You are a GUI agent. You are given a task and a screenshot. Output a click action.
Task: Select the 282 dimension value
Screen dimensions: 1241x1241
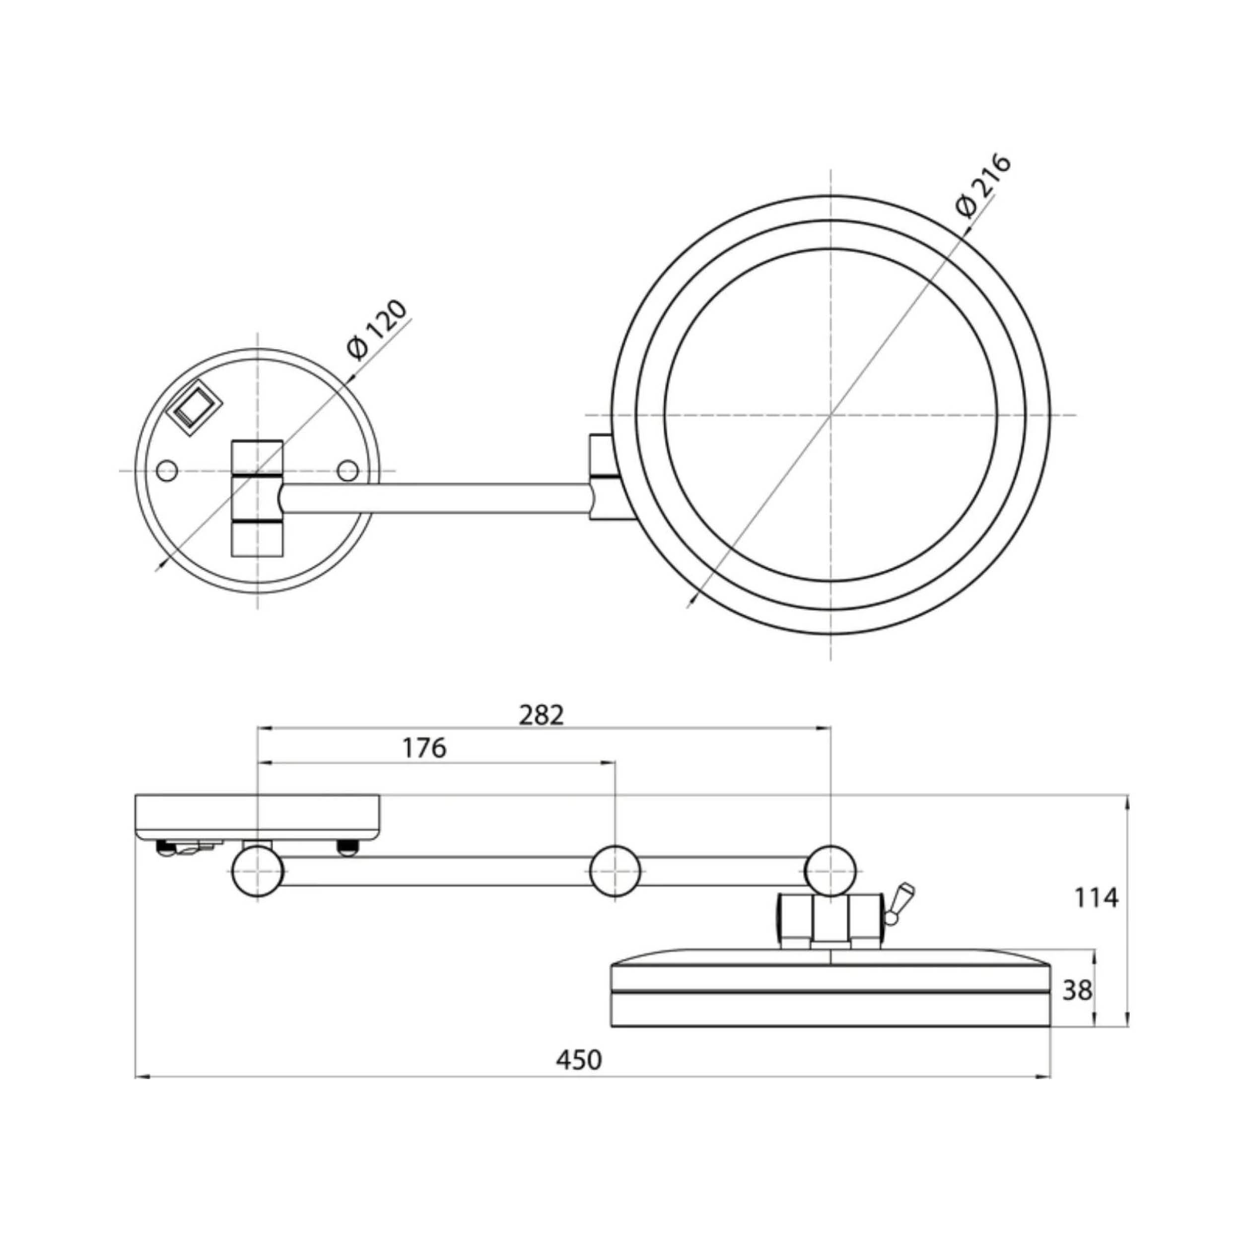[542, 715]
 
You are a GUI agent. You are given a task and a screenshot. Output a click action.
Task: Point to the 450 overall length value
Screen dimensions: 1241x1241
[579, 1060]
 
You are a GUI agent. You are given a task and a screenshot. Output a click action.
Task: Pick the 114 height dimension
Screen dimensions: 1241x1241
[1097, 897]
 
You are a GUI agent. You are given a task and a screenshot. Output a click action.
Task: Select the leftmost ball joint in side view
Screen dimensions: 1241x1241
[258, 871]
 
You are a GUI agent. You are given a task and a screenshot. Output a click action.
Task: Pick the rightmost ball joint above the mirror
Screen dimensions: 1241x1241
[831, 871]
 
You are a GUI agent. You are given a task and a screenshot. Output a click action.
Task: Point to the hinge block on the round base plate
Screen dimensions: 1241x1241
[257, 498]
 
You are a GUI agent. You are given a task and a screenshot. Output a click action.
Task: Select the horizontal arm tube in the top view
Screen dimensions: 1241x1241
[437, 498]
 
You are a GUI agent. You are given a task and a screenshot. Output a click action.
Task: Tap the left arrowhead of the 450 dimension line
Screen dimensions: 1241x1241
[141, 1077]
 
